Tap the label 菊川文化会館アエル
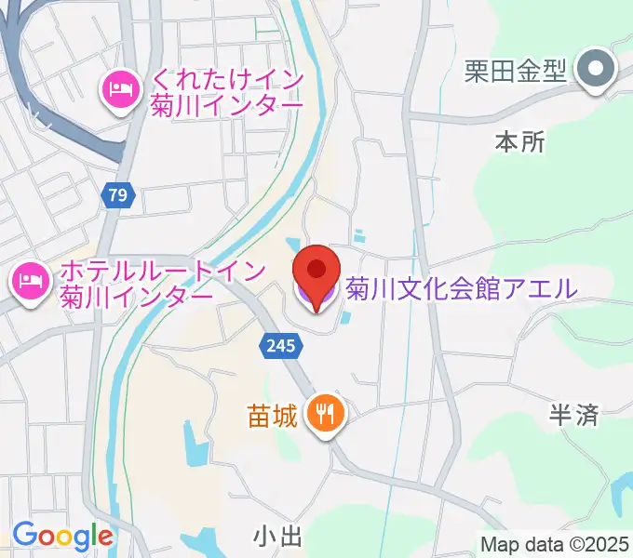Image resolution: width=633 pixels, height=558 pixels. [462, 289]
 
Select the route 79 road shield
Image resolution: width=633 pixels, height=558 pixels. [116, 195]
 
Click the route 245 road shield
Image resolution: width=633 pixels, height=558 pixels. [280, 346]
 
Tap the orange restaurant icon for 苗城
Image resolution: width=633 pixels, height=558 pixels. [326, 413]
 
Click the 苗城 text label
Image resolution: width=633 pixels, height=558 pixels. [274, 414]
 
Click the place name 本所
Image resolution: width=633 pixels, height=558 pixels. [519, 142]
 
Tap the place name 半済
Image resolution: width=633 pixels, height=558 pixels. [573, 415]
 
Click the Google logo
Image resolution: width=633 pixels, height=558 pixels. [62, 536]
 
